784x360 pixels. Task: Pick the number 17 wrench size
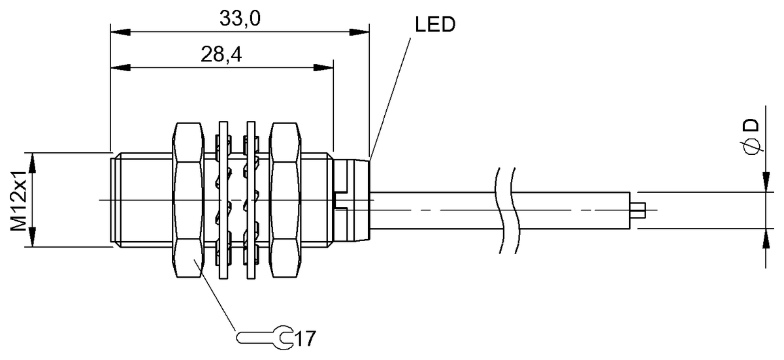click(x=304, y=339)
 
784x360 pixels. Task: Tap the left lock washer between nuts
click(x=223, y=200)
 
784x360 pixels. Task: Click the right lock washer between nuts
click(x=250, y=200)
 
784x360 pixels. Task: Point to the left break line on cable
click(x=500, y=210)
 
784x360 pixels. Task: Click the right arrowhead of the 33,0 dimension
click(x=362, y=31)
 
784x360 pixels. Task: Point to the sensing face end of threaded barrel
click(x=113, y=200)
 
